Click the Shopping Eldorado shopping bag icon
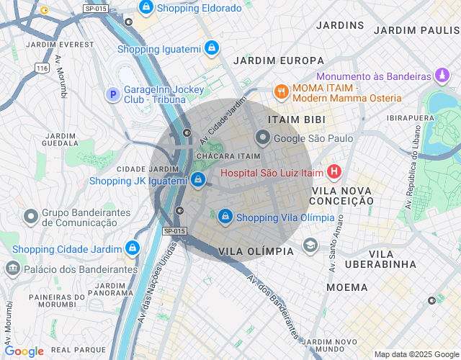pos(146,8)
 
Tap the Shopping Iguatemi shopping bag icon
pos(210,49)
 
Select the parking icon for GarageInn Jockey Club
pos(112,94)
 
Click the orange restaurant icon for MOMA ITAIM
pos(280,91)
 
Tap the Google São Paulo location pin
pos(263,138)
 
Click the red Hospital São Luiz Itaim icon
pos(334,172)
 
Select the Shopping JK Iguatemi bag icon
pos(198,180)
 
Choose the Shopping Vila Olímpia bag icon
pos(225,216)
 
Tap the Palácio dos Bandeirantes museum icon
pos(12,269)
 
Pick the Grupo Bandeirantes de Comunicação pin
pos(31,216)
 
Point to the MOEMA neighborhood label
pos(346,287)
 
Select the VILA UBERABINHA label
pos(380,259)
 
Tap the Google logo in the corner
pos(24,351)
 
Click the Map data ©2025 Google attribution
pos(416,354)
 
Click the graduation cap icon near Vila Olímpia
pos(310,245)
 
